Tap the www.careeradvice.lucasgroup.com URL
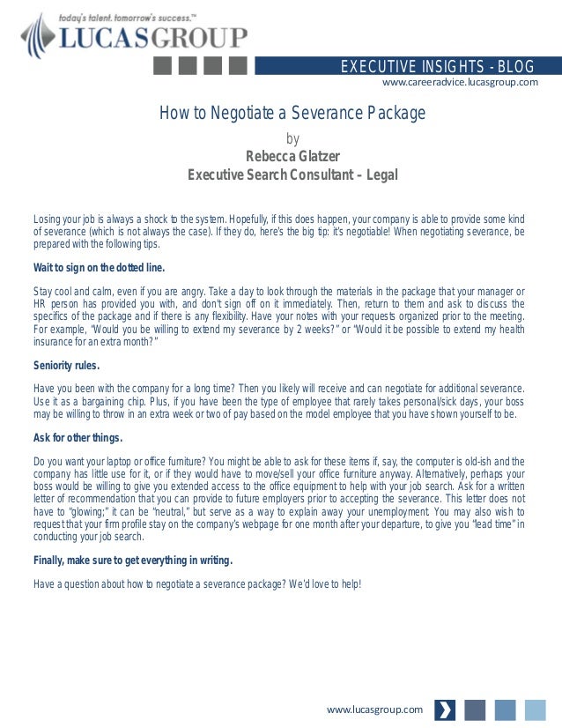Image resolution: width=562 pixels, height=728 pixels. point(460,82)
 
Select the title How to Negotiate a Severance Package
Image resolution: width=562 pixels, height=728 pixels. point(292,113)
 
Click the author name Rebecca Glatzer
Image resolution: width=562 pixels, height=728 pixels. point(292,157)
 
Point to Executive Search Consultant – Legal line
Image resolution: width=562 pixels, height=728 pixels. point(292,175)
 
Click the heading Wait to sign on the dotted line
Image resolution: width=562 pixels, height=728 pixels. point(99,267)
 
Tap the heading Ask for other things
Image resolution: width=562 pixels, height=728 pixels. point(78,437)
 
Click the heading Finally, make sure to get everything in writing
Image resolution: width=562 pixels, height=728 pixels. point(133,560)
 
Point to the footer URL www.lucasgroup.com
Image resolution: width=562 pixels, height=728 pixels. point(374,709)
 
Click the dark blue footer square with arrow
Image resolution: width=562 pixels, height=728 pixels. point(446,709)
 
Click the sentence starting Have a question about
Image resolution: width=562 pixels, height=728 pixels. point(197,583)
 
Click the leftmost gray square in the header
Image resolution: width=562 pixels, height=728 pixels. point(163,66)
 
